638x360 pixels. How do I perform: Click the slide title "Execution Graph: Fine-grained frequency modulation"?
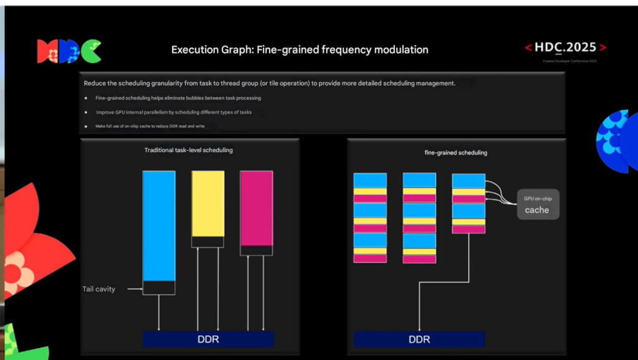pos(300,50)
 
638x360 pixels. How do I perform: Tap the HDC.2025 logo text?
pos(565,48)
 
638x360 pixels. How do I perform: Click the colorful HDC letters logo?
pos(69,51)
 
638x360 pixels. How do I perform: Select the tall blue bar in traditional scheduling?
pos(159,225)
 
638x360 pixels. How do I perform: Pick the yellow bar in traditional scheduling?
pos(207,204)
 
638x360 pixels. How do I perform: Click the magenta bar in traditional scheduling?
pos(256,208)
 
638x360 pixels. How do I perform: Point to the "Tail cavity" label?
pos(99,289)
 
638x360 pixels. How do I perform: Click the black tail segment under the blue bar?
pos(159,288)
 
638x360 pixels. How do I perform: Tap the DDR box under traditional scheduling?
pos(207,339)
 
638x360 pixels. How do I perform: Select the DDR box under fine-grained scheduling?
pos(419,339)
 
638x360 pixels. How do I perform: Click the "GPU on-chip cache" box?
pos(538,204)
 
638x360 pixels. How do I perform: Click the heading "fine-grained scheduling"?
pos(456,153)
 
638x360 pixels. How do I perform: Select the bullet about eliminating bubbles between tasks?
pos(178,98)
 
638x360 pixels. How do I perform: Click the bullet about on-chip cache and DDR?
pos(150,126)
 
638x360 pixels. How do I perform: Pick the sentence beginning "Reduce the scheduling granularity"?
pos(270,83)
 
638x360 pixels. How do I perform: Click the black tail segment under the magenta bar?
pos(256,250)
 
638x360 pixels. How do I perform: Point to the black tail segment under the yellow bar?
pos(207,242)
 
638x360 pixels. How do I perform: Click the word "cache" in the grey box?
pos(537,210)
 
